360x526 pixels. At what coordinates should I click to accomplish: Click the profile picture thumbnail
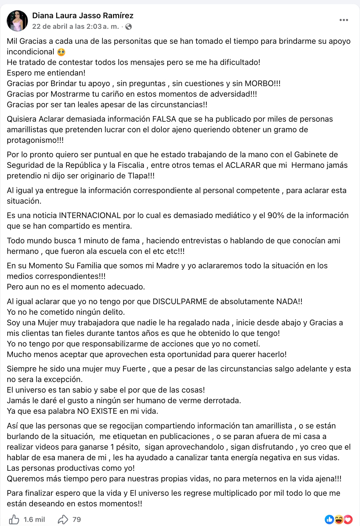click(x=17, y=21)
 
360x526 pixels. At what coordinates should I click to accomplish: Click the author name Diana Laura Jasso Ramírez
click(x=83, y=16)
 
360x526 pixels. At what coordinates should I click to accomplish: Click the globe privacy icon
click(x=129, y=27)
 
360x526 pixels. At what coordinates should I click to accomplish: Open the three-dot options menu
click(x=344, y=20)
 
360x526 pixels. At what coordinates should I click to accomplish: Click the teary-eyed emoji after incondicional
click(x=61, y=52)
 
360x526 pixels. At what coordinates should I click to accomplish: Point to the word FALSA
click(x=164, y=119)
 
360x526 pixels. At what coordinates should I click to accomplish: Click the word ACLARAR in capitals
click(x=243, y=165)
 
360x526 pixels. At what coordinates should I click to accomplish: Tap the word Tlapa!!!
click(x=141, y=176)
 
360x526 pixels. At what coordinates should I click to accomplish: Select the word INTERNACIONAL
click(x=90, y=215)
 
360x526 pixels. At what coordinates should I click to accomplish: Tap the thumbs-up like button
click(x=14, y=519)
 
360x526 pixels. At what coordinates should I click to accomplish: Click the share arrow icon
click(x=63, y=519)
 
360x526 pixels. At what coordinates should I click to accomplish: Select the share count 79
click(x=77, y=520)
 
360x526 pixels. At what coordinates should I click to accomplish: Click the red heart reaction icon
click(x=348, y=519)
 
